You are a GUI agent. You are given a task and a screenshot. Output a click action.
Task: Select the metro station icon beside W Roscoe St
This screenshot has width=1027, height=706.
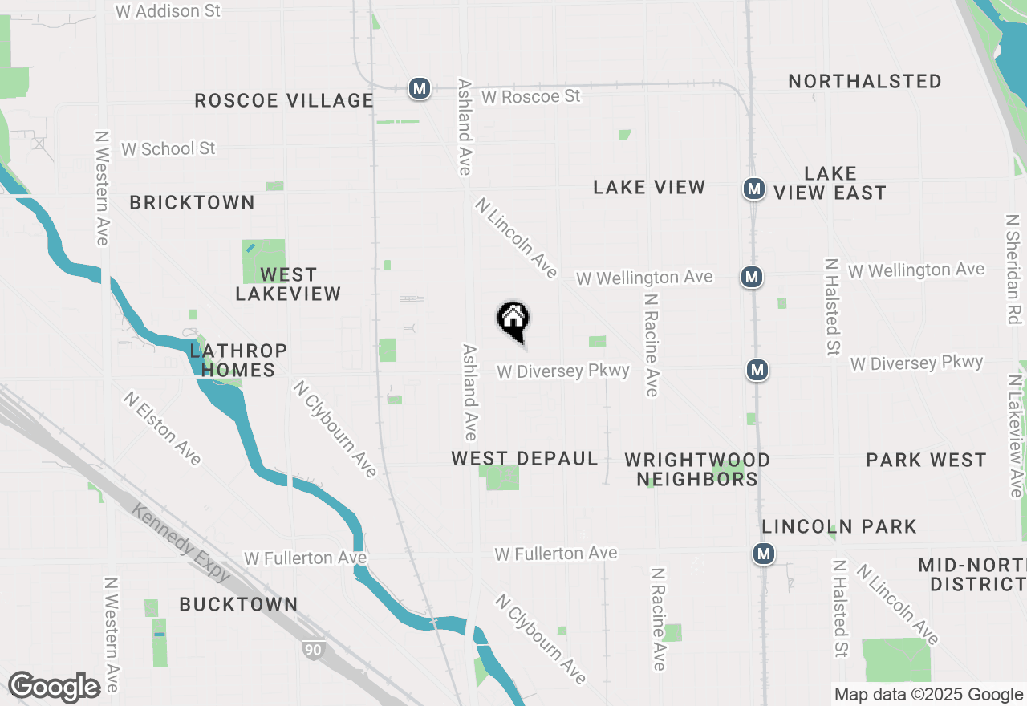click(419, 88)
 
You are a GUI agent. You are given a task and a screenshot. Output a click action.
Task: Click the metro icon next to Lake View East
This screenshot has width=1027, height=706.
click(753, 189)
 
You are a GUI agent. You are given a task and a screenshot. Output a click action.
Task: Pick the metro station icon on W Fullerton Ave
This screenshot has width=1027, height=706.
click(764, 554)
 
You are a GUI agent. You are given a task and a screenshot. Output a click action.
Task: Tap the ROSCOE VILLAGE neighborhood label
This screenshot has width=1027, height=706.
click(284, 100)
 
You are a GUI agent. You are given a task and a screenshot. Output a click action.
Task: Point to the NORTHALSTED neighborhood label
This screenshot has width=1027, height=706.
click(865, 81)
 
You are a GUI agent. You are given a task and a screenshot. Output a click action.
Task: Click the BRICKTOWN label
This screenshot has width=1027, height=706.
click(193, 202)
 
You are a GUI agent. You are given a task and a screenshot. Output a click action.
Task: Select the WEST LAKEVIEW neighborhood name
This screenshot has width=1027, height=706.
click(288, 284)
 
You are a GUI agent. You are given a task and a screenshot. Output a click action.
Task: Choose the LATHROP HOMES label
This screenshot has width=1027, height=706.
click(238, 360)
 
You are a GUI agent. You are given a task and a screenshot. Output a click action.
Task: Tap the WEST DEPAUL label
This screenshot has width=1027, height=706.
click(525, 458)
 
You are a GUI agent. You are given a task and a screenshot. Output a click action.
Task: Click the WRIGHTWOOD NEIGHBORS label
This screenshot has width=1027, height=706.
click(697, 469)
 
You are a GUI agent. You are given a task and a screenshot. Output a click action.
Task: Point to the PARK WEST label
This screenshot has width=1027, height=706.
click(926, 460)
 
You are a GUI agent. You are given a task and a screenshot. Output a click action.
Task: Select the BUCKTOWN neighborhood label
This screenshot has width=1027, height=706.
click(238, 604)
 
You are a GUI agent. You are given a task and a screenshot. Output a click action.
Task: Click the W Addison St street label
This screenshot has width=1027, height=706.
click(168, 11)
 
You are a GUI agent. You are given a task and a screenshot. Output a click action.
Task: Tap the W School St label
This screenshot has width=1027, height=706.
click(168, 148)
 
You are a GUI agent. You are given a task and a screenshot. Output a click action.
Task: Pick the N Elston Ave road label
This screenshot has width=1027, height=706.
click(163, 428)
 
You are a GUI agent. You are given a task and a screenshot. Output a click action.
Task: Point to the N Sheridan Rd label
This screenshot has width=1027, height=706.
click(1013, 269)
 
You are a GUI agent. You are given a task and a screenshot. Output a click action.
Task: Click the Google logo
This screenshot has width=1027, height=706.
click(54, 688)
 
